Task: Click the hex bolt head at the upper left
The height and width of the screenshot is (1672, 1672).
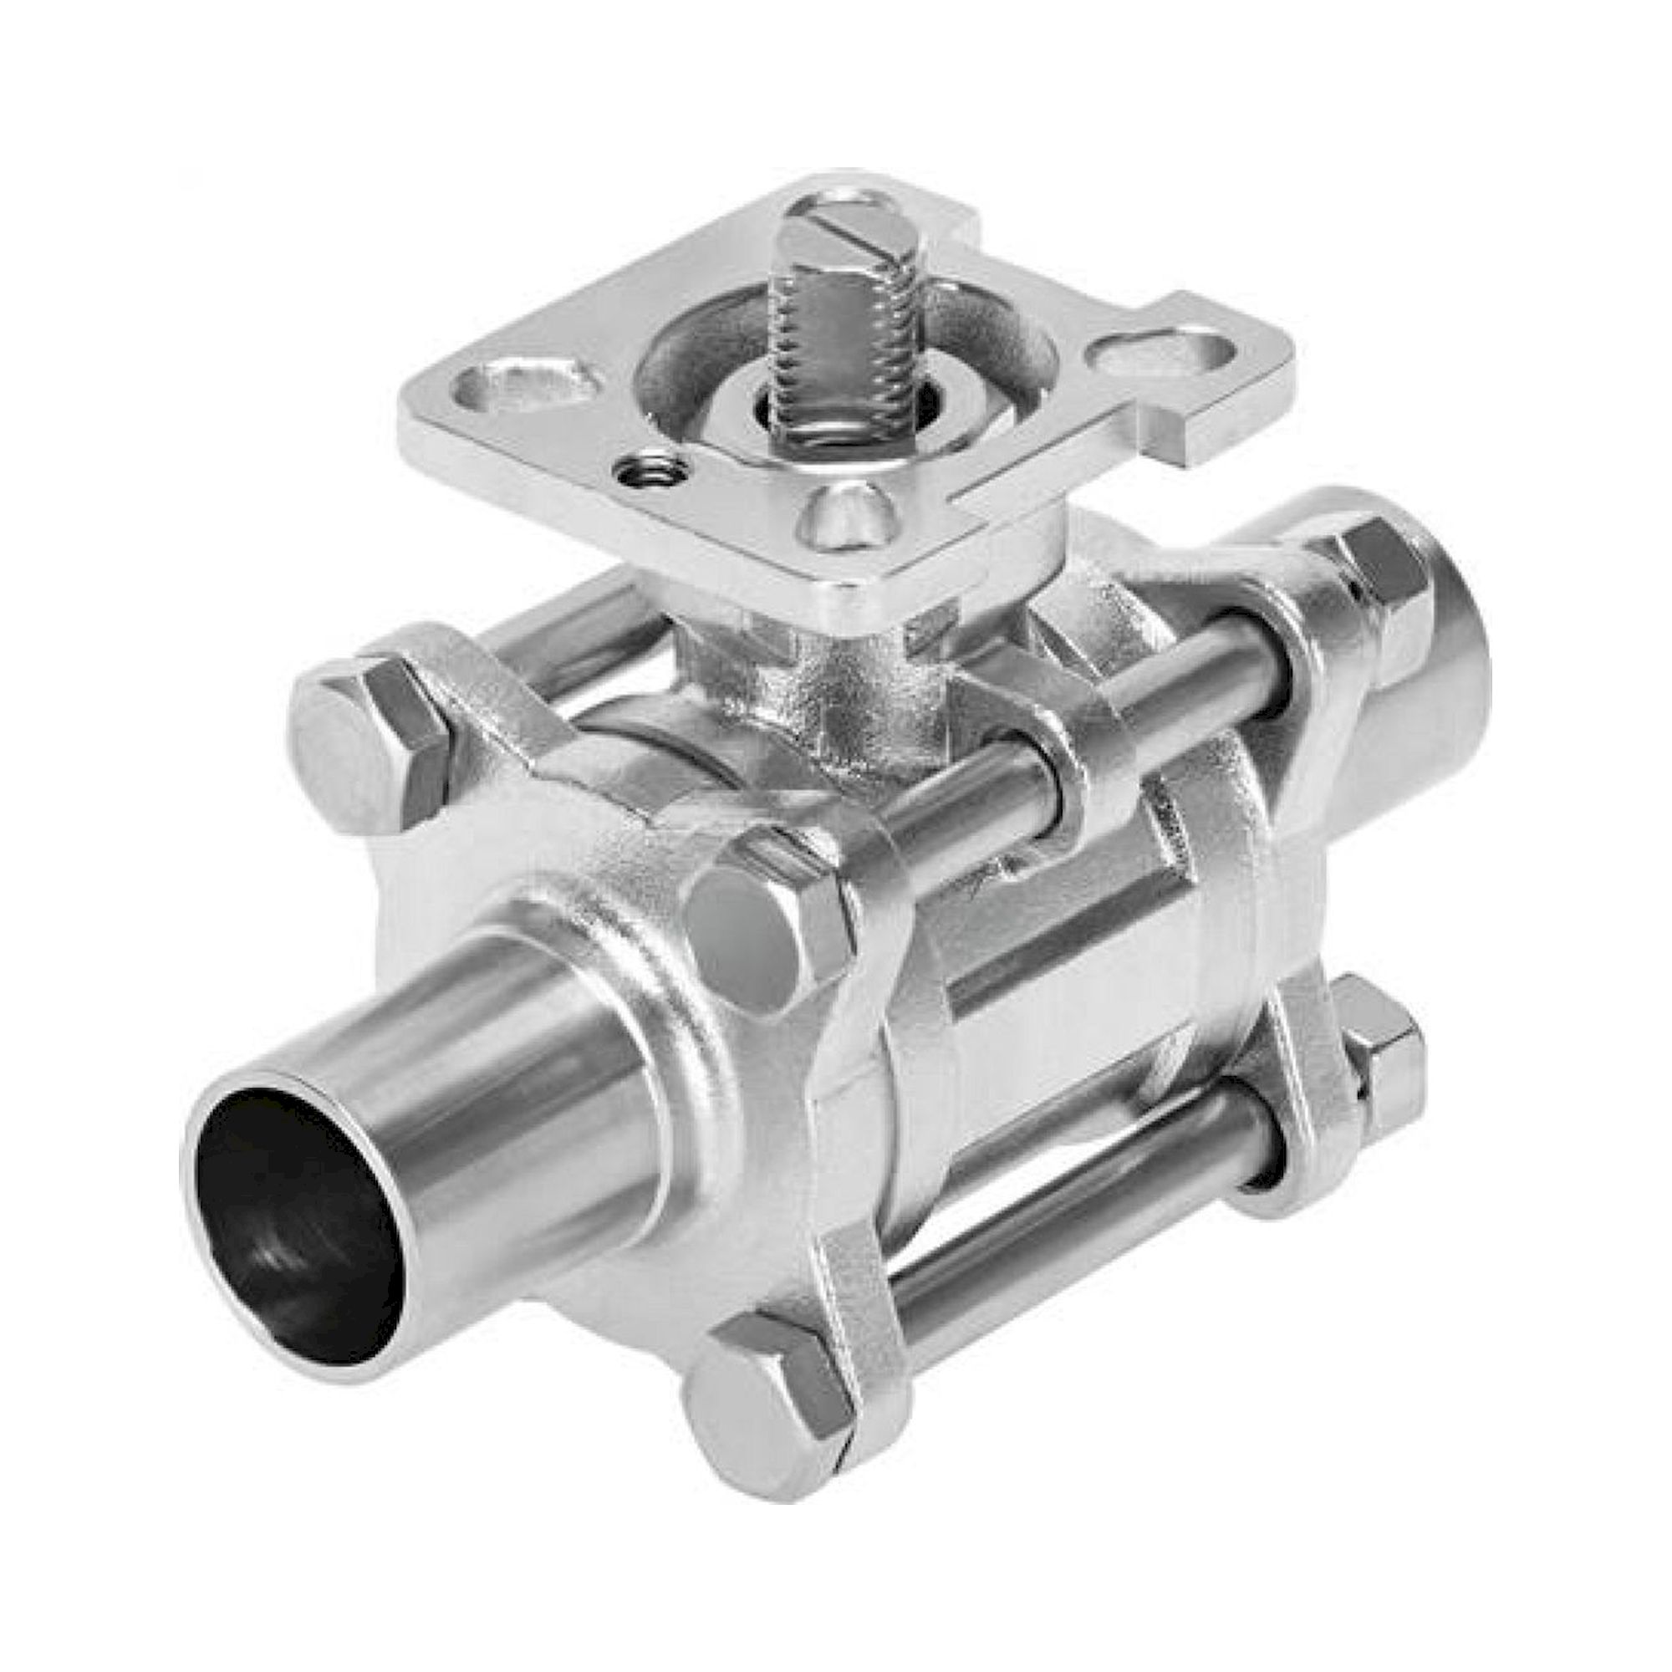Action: [368, 747]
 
